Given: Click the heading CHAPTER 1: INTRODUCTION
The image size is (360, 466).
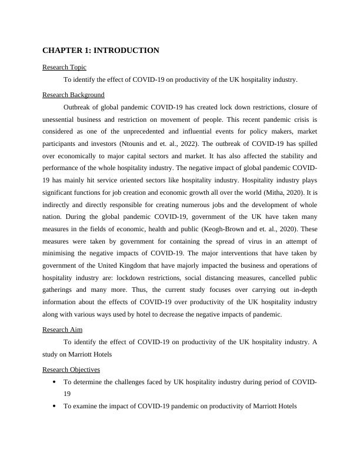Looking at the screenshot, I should point(101,51).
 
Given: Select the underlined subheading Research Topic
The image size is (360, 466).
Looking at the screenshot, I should point(64,68).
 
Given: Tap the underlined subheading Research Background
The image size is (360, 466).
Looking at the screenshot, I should point(74,95).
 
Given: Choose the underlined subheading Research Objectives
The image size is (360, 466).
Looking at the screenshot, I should point(71,370).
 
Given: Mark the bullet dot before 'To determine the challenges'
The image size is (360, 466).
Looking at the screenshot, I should point(54,382).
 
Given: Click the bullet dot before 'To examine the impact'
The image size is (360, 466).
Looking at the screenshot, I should point(54,406).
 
